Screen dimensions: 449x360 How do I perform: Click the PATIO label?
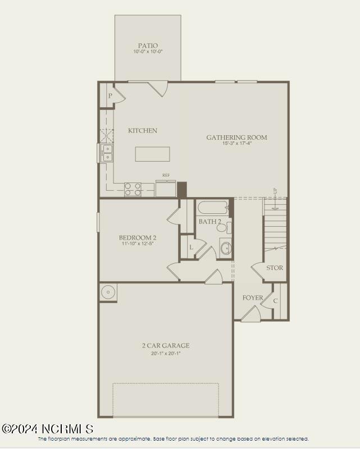point(148,45)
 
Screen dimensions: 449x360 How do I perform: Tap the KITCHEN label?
point(143,131)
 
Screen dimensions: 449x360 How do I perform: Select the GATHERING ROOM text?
point(236,138)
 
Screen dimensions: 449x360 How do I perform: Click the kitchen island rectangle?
point(152,154)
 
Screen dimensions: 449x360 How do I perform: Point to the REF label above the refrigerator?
point(166,175)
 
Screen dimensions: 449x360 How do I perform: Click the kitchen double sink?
point(107,153)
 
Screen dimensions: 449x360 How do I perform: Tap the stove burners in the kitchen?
point(133,190)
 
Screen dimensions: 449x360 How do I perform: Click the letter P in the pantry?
point(110,96)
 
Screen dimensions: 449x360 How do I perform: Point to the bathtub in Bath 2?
point(212,208)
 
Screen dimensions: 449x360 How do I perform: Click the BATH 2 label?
point(209,222)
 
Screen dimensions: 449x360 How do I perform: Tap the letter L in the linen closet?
point(190,247)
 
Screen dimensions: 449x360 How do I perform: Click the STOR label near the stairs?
point(275,268)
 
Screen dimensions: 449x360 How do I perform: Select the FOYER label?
point(252,297)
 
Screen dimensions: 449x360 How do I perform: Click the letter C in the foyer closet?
point(275,301)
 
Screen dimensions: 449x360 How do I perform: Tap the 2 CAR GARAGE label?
point(165,346)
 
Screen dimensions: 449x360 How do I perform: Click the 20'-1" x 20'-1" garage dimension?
point(165,353)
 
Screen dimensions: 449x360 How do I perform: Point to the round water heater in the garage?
point(108,292)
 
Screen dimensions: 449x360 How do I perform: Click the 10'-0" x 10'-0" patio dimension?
point(148,52)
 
